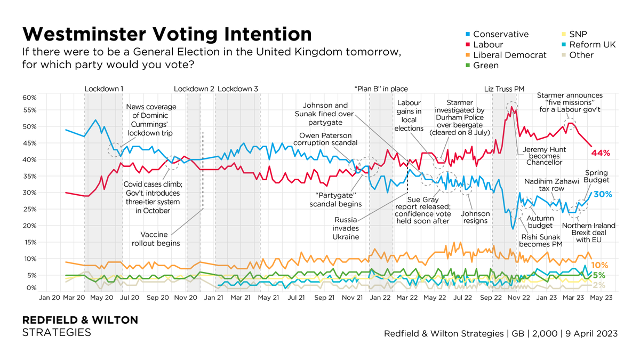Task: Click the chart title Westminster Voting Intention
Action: pos(166,35)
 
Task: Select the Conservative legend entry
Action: pos(500,34)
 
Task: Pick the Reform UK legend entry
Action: pos(592,44)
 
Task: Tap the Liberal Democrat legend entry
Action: pos(509,55)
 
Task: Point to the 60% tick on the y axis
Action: pos(29,98)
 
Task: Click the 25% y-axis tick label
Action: pos(29,209)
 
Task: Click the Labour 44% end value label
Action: pos(600,153)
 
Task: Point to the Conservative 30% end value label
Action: pos(602,194)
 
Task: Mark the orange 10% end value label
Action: pos(601,265)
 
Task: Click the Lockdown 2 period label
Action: pos(194,89)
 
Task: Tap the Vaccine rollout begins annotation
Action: pos(156,238)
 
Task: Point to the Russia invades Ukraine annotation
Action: pos(347,228)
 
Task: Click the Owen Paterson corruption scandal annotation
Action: pos(326,139)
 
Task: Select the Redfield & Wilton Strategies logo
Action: pos(80,326)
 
